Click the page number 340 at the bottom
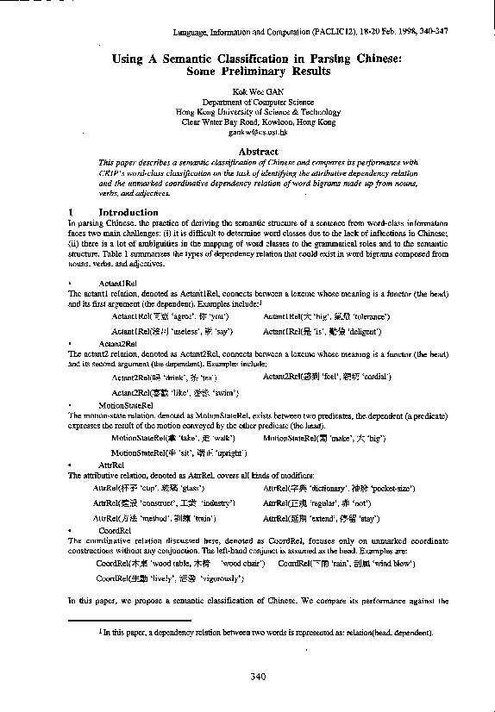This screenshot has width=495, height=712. click(257, 676)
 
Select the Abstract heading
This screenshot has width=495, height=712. click(257, 152)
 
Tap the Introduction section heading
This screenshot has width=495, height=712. click(128, 212)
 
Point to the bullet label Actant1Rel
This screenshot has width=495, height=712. click(118, 282)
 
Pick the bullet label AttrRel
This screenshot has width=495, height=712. click(111, 465)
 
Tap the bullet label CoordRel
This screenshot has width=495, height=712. click(115, 528)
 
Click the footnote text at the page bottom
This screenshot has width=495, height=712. click(266, 632)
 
